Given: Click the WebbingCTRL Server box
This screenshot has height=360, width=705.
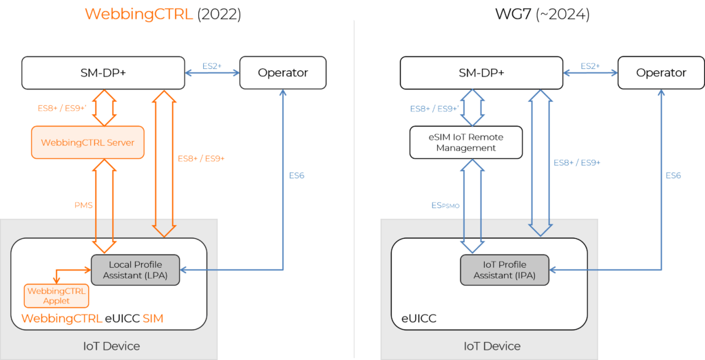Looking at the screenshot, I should coord(87,142).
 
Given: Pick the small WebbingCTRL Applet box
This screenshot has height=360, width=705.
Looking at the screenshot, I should coord(56,296).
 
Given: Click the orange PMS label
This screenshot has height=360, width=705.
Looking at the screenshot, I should coord(83,205).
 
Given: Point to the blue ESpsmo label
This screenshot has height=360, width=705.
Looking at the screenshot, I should coord(445,205).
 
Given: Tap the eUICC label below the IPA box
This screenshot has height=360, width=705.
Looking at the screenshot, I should coord(419,319).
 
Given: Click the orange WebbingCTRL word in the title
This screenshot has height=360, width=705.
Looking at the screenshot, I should coord(138,14).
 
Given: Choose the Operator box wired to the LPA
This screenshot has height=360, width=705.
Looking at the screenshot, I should coord(282,72).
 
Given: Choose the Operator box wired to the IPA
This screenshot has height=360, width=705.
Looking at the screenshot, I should coord(661,72).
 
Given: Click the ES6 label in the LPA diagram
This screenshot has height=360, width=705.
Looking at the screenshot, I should coord(296,176).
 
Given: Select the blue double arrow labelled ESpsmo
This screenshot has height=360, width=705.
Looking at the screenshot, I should coord(472,205).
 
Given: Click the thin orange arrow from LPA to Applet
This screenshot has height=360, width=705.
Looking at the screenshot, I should coord(69,269).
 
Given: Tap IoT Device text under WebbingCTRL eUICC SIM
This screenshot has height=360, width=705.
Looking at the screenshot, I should coord(112,346).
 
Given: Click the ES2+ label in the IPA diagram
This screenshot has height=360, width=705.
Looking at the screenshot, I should coord(590,66).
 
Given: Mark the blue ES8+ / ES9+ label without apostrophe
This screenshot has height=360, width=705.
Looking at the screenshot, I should coord(577,162).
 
